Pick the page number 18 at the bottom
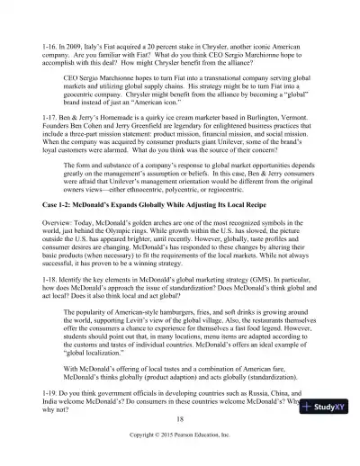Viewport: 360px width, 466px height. tap(180, 444)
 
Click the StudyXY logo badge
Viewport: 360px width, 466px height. tap(328, 433)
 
